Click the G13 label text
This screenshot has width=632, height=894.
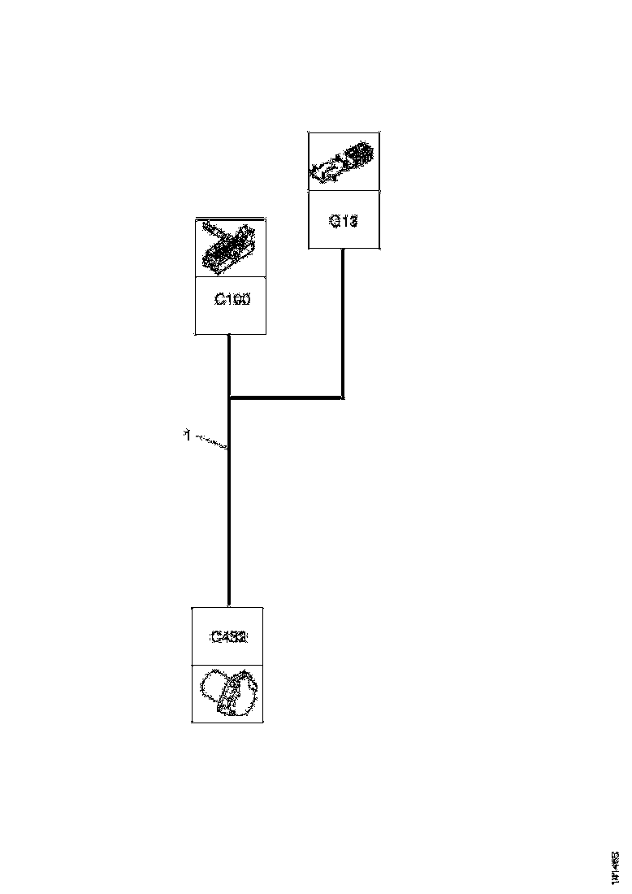tap(344, 220)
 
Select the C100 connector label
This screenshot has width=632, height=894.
tap(232, 299)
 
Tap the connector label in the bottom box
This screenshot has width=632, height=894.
tap(228, 637)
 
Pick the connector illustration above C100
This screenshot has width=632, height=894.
tap(231, 247)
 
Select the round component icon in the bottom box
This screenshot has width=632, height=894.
tap(228, 693)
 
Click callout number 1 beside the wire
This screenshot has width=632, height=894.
tap(187, 436)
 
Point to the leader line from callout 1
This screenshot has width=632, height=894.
tap(211, 443)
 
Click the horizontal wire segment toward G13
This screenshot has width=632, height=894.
tap(286, 397)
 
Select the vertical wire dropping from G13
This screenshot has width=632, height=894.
tap(343, 325)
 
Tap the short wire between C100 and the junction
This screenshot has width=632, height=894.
tap(230, 366)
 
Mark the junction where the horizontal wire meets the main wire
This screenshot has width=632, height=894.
tap(230, 397)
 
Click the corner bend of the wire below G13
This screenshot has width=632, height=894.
tap(343, 397)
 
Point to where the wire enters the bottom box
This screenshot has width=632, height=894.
tap(230, 605)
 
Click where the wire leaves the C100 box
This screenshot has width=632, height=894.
tap(230, 335)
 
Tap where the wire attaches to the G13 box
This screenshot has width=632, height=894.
tap(343, 250)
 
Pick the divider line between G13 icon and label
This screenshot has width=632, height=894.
tap(344, 191)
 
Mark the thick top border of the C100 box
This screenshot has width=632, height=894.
tap(231, 218)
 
